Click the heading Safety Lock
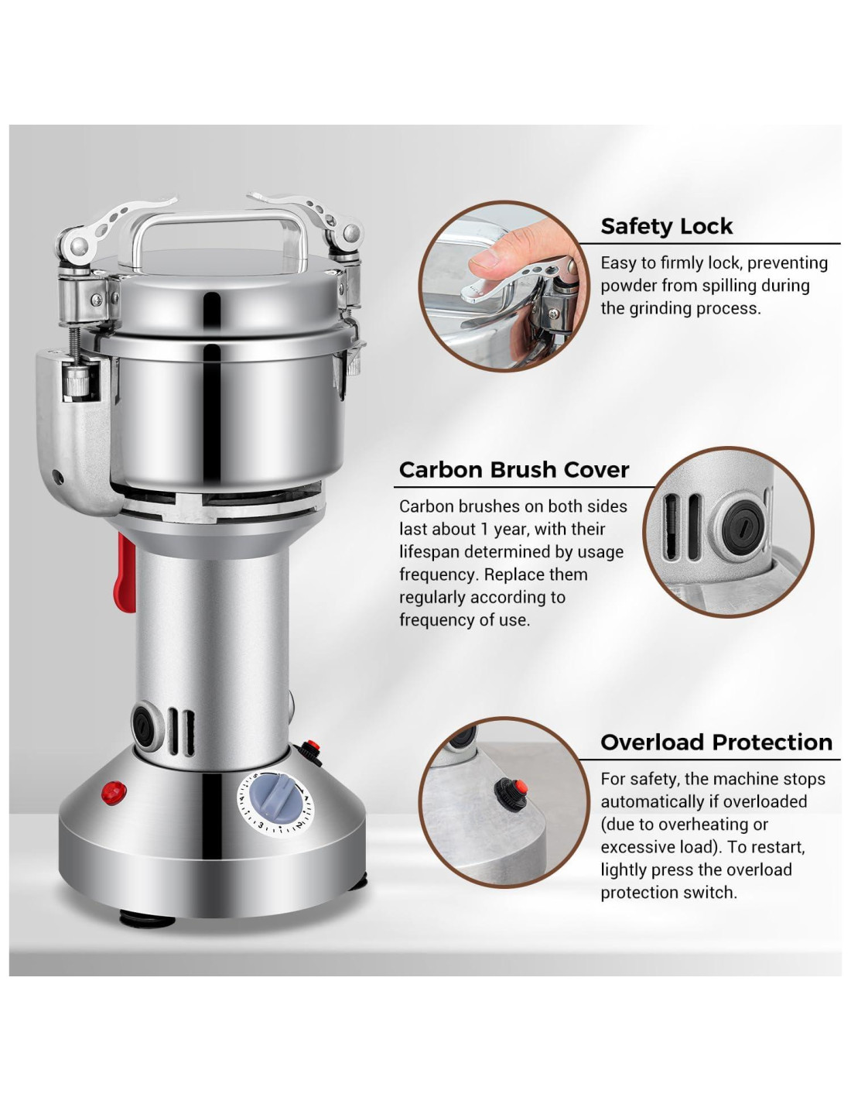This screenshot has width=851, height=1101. click(x=665, y=226)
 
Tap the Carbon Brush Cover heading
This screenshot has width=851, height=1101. click(x=514, y=470)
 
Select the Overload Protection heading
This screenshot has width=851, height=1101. click(x=716, y=743)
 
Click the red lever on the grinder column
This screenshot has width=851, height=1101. click(x=126, y=572)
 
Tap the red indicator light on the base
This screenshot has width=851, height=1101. click(x=114, y=792)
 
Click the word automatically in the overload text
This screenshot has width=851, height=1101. click(x=654, y=801)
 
